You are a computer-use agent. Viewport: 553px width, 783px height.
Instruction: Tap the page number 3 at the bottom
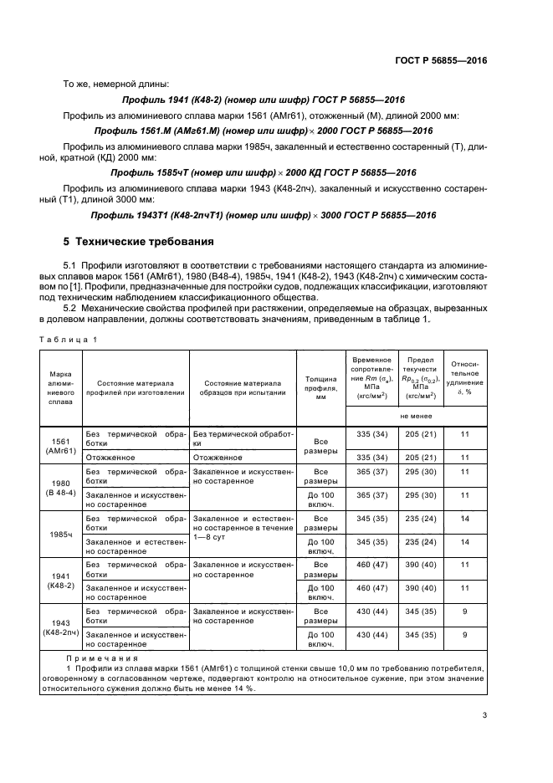click(484, 714)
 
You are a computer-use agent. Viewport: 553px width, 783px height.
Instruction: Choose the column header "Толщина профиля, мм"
click(320, 386)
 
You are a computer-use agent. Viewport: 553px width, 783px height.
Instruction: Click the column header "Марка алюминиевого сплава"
click(60, 386)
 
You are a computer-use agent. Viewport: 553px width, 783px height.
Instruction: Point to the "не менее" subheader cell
click(416, 415)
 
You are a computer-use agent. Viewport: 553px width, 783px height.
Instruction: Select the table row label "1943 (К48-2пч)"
click(60, 627)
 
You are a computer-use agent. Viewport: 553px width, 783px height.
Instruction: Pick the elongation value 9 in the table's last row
click(465, 635)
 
